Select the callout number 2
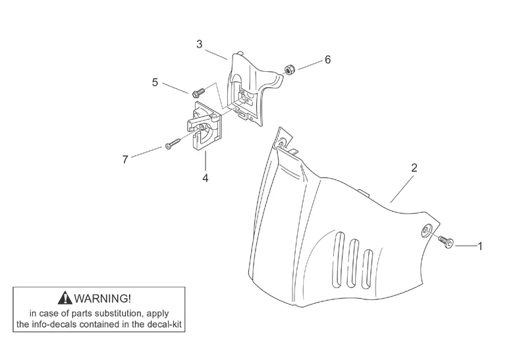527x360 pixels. (414, 167)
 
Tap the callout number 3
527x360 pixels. (199, 44)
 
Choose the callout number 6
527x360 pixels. (327, 59)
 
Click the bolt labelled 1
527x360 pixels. (447, 241)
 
